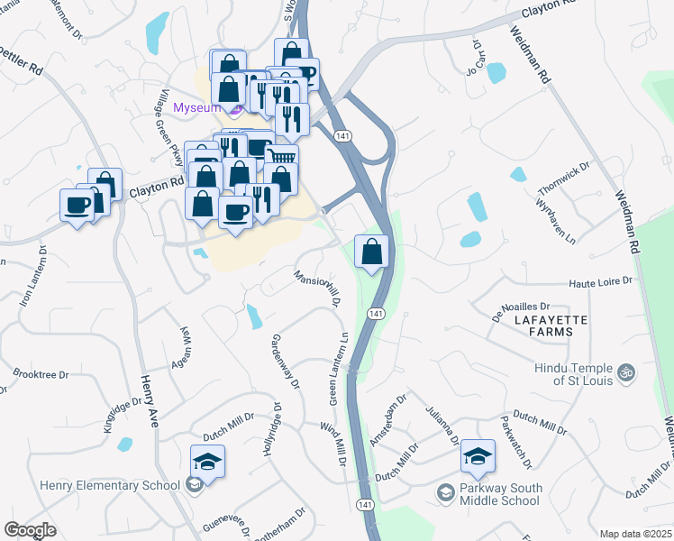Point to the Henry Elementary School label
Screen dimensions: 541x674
click(110, 486)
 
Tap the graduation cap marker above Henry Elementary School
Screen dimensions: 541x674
click(207, 462)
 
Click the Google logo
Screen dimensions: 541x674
click(31, 530)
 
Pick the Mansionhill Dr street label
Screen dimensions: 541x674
click(315, 287)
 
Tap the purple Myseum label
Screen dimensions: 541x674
click(196, 108)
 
